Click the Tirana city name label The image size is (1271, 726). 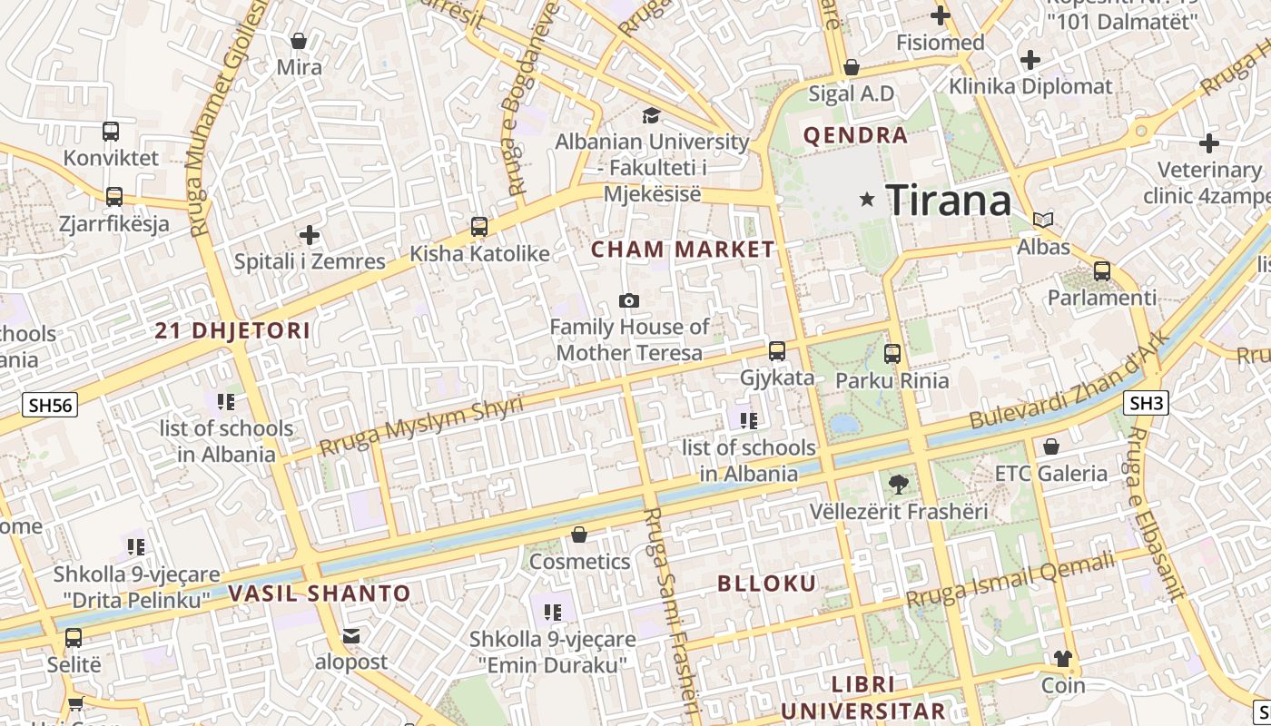coord(948,200)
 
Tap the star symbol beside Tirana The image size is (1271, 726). coord(868,199)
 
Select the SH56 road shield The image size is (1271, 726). coord(50,405)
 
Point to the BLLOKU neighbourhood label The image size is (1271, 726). coord(767,583)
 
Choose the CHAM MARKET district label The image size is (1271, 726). coord(683,249)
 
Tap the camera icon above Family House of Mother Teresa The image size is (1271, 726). coord(628,300)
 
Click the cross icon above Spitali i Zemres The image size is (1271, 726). coord(310,235)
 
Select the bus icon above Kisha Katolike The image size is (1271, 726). coord(478,227)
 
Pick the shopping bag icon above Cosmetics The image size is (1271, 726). coord(579,535)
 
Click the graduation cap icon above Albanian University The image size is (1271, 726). coord(651,115)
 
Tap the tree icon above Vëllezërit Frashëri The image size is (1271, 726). coord(898,484)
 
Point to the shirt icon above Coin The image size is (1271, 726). coord(1063,658)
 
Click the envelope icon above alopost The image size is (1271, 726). coord(351,635)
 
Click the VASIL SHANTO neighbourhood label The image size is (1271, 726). coord(319,594)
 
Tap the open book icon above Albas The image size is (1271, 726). coord(1043,220)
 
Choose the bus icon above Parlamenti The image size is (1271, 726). coord(1102,270)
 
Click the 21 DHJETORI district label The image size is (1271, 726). coord(232,331)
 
